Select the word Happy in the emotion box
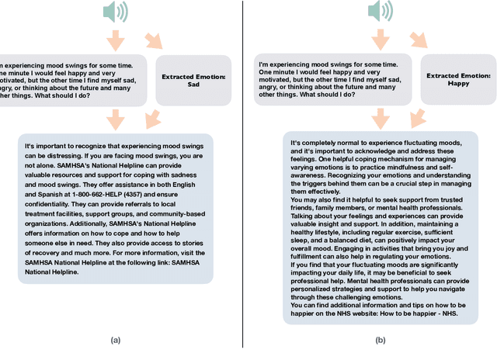click(459, 82)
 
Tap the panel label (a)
click(116, 340)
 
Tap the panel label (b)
click(380, 340)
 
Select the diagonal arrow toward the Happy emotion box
click(419, 40)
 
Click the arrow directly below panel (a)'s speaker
click(116, 39)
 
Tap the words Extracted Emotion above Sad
click(193, 76)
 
